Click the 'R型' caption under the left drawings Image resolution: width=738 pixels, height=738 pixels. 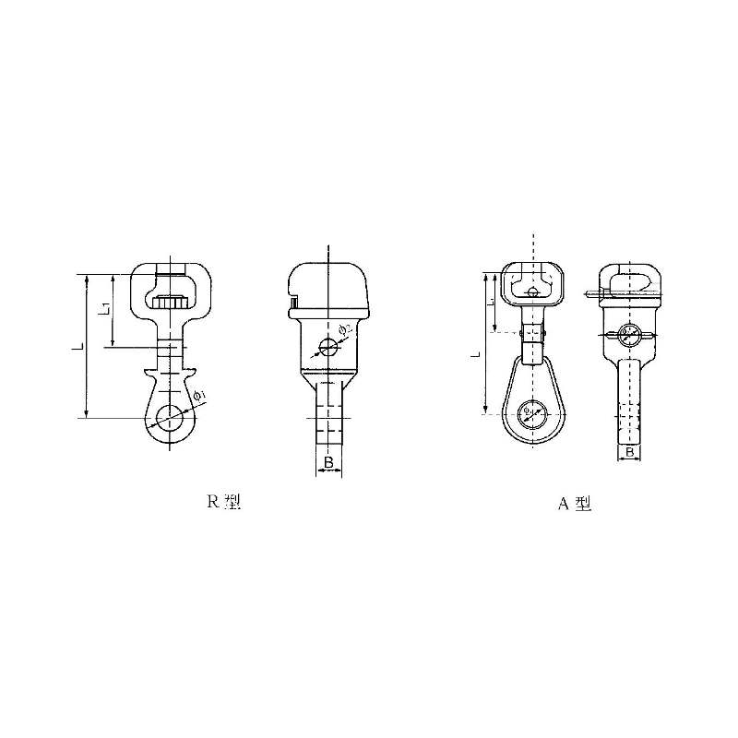(x=223, y=503)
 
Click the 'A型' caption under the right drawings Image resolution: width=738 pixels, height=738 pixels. (x=573, y=504)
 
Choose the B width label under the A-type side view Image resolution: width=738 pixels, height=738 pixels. (x=629, y=453)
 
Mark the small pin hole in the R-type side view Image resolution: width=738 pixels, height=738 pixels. (x=326, y=348)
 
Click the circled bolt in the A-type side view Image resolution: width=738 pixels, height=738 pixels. (x=628, y=335)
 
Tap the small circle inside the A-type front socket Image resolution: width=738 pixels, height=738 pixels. (x=534, y=293)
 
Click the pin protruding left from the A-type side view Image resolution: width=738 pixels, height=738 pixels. (x=593, y=295)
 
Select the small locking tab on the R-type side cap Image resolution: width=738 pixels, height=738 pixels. (x=292, y=301)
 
